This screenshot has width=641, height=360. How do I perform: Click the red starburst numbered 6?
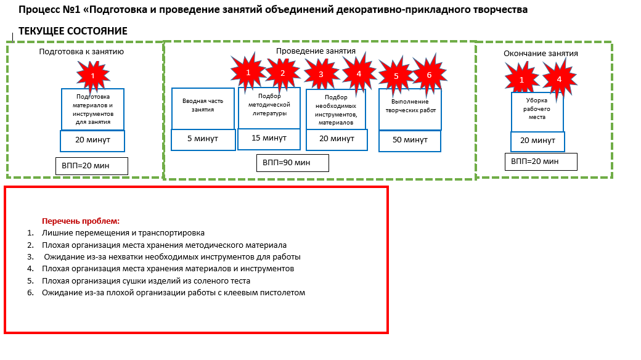(x=429, y=75)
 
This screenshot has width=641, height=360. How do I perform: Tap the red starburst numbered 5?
(x=396, y=76)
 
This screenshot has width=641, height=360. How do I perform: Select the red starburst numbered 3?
(x=321, y=74)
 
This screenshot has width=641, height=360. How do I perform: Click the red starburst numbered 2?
(x=282, y=73)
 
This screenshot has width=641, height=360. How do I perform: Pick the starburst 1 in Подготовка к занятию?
(x=93, y=76)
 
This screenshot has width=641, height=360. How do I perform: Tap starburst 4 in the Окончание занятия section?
(x=559, y=79)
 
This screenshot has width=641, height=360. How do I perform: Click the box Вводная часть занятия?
(x=203, y=108)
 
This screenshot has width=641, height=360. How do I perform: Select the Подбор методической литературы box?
(x=269, y=108)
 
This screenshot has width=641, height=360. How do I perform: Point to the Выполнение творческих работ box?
(x=410, y=110)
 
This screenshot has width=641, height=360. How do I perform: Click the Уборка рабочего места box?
(x=537, y=112)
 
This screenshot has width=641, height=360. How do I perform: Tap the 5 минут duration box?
(x=203, y=139)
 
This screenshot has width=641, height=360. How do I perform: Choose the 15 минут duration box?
(x=269, y=139)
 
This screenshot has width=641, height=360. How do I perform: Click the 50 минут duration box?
(x=410, y=141)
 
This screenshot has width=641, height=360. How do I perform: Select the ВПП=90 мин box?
(x=293, y=163)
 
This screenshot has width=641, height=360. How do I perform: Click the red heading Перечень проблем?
(x=81, y=221)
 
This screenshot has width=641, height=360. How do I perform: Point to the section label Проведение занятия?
(x=316, y=51)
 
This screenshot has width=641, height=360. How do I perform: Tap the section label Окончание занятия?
(x=541, y=54)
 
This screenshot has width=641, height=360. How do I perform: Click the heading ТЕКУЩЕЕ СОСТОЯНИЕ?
(x=73, y=31)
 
